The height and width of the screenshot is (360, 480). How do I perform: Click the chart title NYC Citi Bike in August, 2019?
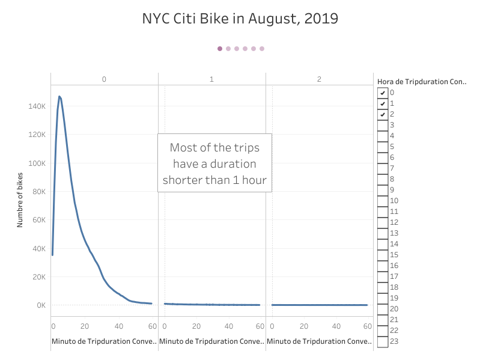(240, 19)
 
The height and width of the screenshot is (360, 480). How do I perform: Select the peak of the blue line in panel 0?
(59, 96)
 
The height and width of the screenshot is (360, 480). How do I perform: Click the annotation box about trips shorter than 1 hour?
(214, 163)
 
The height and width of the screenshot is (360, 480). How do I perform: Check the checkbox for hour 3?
(382, 125)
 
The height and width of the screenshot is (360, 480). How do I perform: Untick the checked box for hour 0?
(382, 93)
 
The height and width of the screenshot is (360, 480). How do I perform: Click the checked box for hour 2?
(382, 114)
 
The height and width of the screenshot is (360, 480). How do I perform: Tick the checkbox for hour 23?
(382, 341)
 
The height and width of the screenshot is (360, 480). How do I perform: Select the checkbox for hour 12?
(382, 222)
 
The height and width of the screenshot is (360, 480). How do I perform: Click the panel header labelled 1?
(211, 79)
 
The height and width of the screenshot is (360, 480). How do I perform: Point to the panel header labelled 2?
(319, 79)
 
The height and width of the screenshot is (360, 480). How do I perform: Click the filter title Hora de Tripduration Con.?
(421, 81)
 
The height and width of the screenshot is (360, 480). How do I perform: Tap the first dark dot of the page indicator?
(220, 49)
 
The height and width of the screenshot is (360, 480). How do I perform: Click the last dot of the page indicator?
(262, 49)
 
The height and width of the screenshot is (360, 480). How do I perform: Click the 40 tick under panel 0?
(119, 326)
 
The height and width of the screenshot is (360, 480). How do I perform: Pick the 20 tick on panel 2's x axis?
(304, 326)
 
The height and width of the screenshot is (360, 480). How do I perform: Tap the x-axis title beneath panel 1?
(211, 341)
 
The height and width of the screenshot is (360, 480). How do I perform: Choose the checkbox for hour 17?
(382, 276)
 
